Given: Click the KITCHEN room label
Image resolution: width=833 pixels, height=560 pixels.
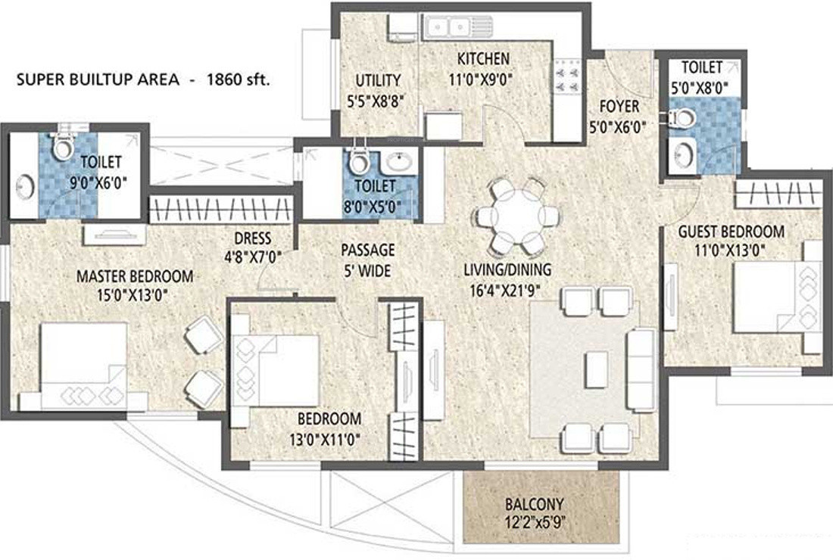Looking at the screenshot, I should tap(483, 58).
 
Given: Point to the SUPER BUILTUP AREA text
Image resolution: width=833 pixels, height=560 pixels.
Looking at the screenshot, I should tap(97, 79).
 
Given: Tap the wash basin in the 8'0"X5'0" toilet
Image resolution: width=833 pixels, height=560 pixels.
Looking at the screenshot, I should tap(399, 160).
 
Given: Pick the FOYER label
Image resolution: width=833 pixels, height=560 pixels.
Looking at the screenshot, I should tap(619, 106).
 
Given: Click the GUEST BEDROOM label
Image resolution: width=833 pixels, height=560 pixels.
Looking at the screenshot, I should tap(731, 232).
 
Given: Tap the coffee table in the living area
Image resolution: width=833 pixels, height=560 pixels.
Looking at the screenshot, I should tap(597, 369).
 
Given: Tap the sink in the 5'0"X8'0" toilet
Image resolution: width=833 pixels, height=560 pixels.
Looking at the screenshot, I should tap(684, 154).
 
